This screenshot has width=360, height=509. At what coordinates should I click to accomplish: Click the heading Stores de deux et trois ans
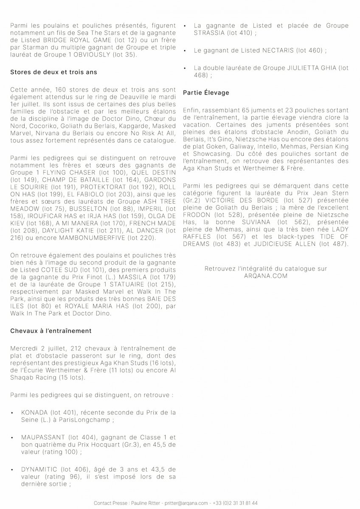(53, 72)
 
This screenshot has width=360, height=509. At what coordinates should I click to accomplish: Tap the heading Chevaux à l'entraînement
(51, 330)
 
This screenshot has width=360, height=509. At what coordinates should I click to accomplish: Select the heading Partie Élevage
(206, 92)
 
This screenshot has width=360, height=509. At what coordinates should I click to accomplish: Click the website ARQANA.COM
(266, 276)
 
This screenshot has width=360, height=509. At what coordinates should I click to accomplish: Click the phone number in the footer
(236, 503)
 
